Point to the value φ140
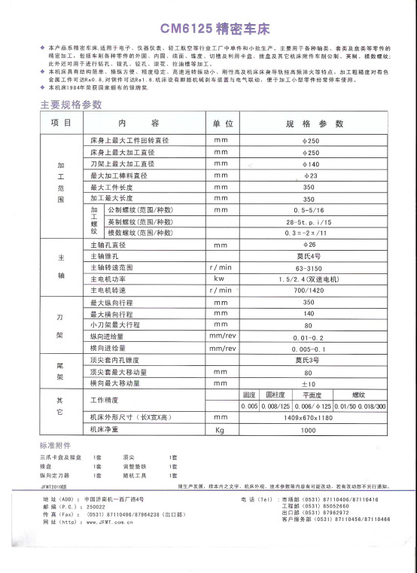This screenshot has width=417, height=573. click(x=309, y=163)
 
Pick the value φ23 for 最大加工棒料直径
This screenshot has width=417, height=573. click(x=309, y=175)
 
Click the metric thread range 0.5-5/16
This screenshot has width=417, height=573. click(x=309, y=210)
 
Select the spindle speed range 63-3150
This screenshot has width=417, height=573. click(x=309, y=267)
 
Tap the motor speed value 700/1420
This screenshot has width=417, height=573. click(x=309, y=290)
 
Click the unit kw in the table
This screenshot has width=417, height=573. click(x=221, y=279)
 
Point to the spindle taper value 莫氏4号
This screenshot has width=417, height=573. click(x=309, y=256)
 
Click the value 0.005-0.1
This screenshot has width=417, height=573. click(x=309, y=349)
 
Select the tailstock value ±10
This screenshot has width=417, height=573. click(x=309, y=383)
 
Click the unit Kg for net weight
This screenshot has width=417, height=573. click(x=221, y=429)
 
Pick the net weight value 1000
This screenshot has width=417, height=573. click(x=309, y=429)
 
